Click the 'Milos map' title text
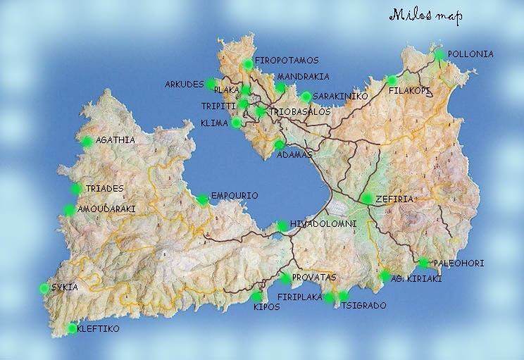pos(425,16)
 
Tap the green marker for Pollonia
pos(439,54)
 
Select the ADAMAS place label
pos(294,154)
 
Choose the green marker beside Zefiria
pos(367,199)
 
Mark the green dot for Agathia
pos(86,141)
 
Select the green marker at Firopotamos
pos(247,65)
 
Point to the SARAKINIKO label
pos(340,97)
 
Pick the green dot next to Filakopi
pos(392,80)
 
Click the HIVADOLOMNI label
pos(323,224)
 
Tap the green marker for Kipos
pos(256,297)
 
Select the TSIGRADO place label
pos(361,306)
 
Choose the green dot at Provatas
pos(286,278)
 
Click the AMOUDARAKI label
pos(106,209)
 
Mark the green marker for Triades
pos(77,189)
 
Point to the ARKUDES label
pos(184,84)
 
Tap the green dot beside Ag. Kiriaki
pos(385,275)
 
